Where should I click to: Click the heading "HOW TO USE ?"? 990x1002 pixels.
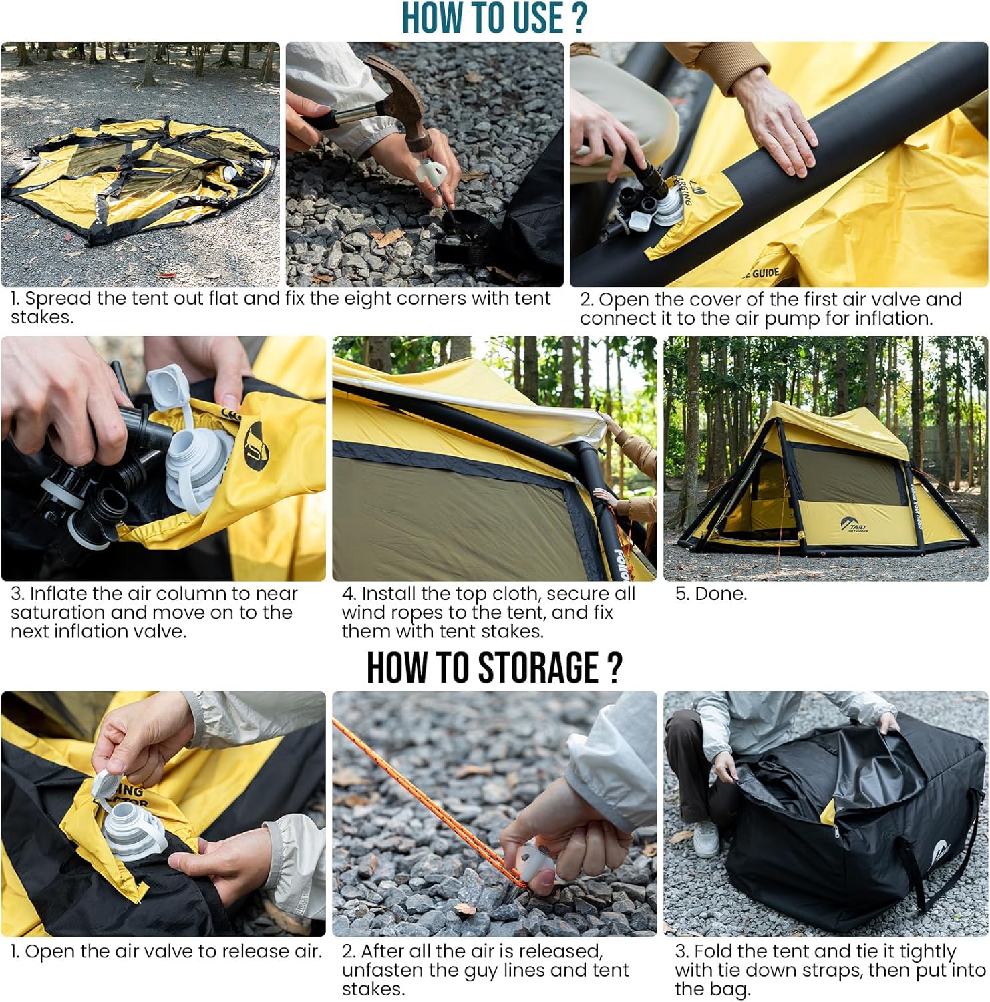[494, 18]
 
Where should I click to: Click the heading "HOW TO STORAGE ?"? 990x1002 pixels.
[494, 667]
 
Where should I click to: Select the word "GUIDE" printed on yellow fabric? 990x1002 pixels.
[764, 273]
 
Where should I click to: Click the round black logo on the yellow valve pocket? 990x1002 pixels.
[255, 441]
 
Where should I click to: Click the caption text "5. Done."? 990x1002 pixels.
[711, 594]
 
